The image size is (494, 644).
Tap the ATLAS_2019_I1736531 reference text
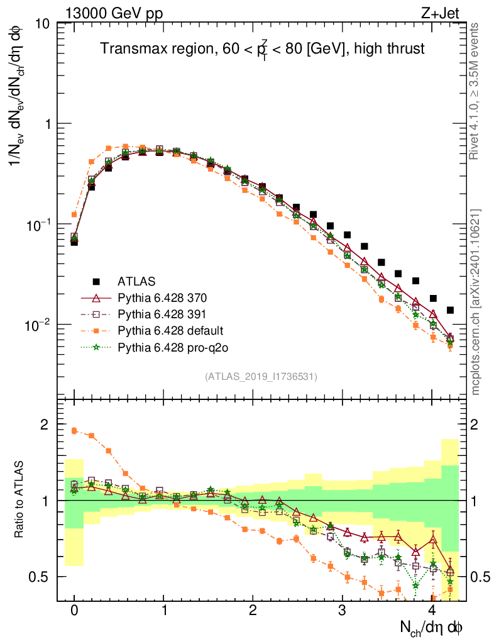pos(261,377)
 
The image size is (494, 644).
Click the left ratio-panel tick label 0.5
pos(41,577)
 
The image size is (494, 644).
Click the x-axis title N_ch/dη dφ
pos(432,627)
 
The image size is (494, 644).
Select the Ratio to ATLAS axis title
pos(21,500)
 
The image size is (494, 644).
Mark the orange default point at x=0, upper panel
pos(74,214)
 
